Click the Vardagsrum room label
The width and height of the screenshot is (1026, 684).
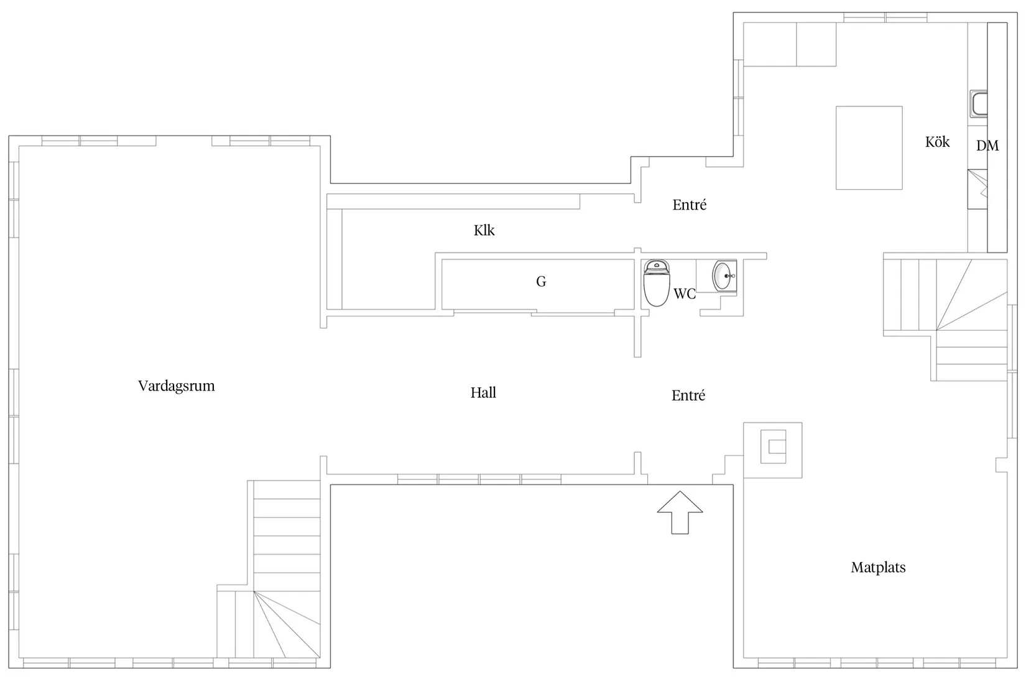pos(177,386)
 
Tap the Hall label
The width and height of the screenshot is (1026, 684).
pos(483,392)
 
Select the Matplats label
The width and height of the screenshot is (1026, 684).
pos(878,568)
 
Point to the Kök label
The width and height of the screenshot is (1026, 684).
pos(937,142)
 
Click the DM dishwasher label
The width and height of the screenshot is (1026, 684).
pos(987,146)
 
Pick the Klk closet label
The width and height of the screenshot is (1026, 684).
pos(484,230)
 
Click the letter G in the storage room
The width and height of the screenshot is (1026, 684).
pos(541,281)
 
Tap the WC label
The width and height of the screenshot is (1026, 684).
pos(685,293)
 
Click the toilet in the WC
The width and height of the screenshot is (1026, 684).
pos(657,283)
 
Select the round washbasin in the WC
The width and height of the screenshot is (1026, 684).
pos(723,276)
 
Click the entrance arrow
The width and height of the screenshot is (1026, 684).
pos(680,512)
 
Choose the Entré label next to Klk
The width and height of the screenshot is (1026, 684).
pos(690,205)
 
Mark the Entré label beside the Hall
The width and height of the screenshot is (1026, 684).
pos(688,395)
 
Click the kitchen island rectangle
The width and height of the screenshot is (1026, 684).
pos(869,147)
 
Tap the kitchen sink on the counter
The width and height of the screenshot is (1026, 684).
pos(979,104)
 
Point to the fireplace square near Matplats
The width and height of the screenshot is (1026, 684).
pos(773,450)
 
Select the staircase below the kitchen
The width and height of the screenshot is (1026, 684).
pos(945,320)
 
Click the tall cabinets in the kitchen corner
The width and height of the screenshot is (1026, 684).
pos(790,44)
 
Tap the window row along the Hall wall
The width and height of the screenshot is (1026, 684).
pos(479,479)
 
